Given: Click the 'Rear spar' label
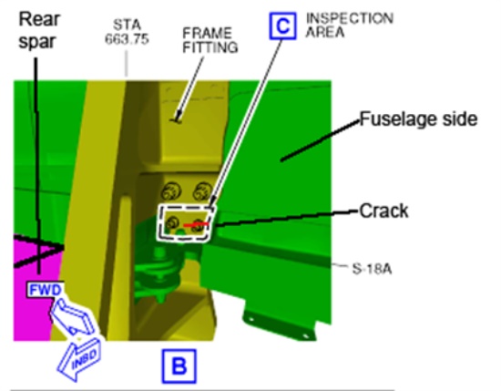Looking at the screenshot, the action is click(39, 30).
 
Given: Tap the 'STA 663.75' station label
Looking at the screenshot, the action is click(127, 32).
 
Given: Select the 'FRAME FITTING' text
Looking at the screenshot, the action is click(210, 40).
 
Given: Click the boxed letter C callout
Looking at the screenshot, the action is click(282, 26).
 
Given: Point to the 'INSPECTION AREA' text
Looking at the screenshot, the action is click(350, 26).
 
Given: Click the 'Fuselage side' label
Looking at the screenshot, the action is click(419, 119).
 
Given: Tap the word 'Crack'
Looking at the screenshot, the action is click(383, 211).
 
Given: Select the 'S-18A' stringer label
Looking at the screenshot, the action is click(372, 269).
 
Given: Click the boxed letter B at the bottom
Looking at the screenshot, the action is click(179, 366).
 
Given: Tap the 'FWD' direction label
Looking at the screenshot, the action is click(45, 290).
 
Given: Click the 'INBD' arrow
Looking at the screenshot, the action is click(80, 359).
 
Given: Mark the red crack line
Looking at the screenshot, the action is click(196, 225).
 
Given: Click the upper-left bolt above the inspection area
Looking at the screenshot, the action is click(171, 191).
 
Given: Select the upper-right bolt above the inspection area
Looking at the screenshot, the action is click(202, 190).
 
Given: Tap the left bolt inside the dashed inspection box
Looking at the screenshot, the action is click(172, 222).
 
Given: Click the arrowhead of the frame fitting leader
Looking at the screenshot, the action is click(177, 118).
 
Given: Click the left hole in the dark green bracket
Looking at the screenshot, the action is click(251, 319).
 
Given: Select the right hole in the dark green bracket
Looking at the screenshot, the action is click(305, 335).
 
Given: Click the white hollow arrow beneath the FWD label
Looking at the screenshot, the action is click(73, 316).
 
